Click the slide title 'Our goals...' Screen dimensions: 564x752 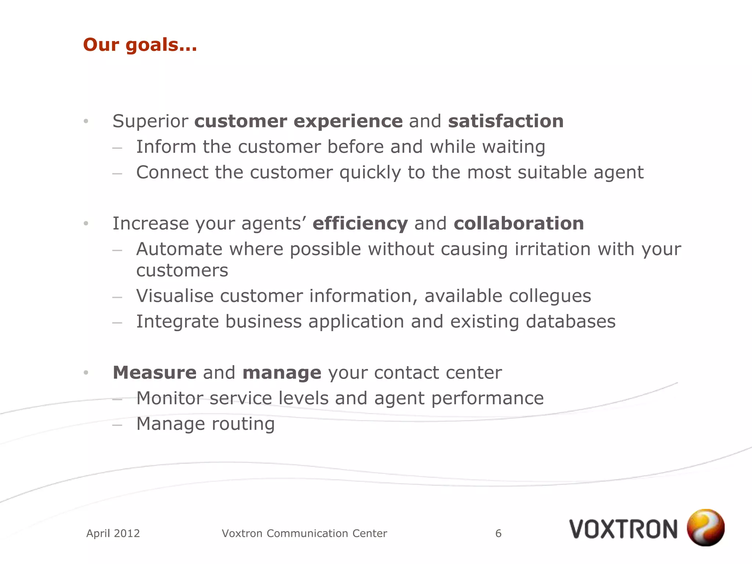click(x=140, y=45)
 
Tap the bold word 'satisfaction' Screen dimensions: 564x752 click(x=506, y=121)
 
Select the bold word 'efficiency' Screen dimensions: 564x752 click(x=360, y=224)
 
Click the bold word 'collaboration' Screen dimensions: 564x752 click(x=518, y=224)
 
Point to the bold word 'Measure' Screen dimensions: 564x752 click(x=155, y=373)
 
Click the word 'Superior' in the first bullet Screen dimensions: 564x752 click(x=150, y=121)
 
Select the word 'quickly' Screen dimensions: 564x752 click(x=370, y=173)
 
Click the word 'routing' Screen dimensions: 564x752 click(x=243, y=424)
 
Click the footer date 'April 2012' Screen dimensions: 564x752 click(x=113, y=533)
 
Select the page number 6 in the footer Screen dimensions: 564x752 click(x=498, y=533)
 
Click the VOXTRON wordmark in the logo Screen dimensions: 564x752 click(x=623, y=529)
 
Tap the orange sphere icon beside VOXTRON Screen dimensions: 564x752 click(x=705, y=527)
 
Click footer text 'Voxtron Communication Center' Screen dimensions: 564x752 click(x=304, y=533)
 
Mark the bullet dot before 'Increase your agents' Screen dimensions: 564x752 click(x=86, y=223)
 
